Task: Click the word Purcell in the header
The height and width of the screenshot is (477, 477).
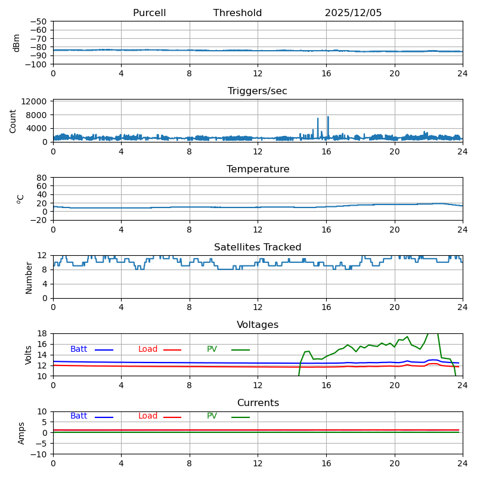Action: (150, 13)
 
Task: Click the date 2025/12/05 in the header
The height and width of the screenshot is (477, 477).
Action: (353, 13)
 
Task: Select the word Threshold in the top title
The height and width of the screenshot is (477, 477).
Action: (237, 13)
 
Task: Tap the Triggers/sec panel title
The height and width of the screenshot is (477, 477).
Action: (258, 91)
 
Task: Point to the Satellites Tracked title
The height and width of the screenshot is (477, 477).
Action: (258, 247)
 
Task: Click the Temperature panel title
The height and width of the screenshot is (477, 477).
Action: (258, 169)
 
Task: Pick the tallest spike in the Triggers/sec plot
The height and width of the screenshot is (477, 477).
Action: (328, 117)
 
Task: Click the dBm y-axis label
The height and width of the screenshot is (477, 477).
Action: (17, 43)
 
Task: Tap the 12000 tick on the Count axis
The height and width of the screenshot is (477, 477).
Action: (34, 101)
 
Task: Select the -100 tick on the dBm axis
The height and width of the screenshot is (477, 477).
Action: (36, 64)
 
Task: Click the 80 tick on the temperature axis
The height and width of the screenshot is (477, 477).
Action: (42, 178)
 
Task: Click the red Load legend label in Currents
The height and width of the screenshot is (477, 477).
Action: (148, 416)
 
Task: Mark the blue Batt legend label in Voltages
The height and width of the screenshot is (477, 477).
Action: (79, 349)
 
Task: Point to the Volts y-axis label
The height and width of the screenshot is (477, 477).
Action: (28, 355)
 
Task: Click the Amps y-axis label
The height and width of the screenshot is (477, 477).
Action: (21, 433)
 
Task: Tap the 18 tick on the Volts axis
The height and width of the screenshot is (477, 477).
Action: (42, 333)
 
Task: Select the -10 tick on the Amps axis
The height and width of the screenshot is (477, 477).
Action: (39, 454)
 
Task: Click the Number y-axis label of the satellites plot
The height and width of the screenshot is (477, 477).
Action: (29, 278)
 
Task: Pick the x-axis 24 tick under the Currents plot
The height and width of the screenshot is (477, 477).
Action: (463, 463)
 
